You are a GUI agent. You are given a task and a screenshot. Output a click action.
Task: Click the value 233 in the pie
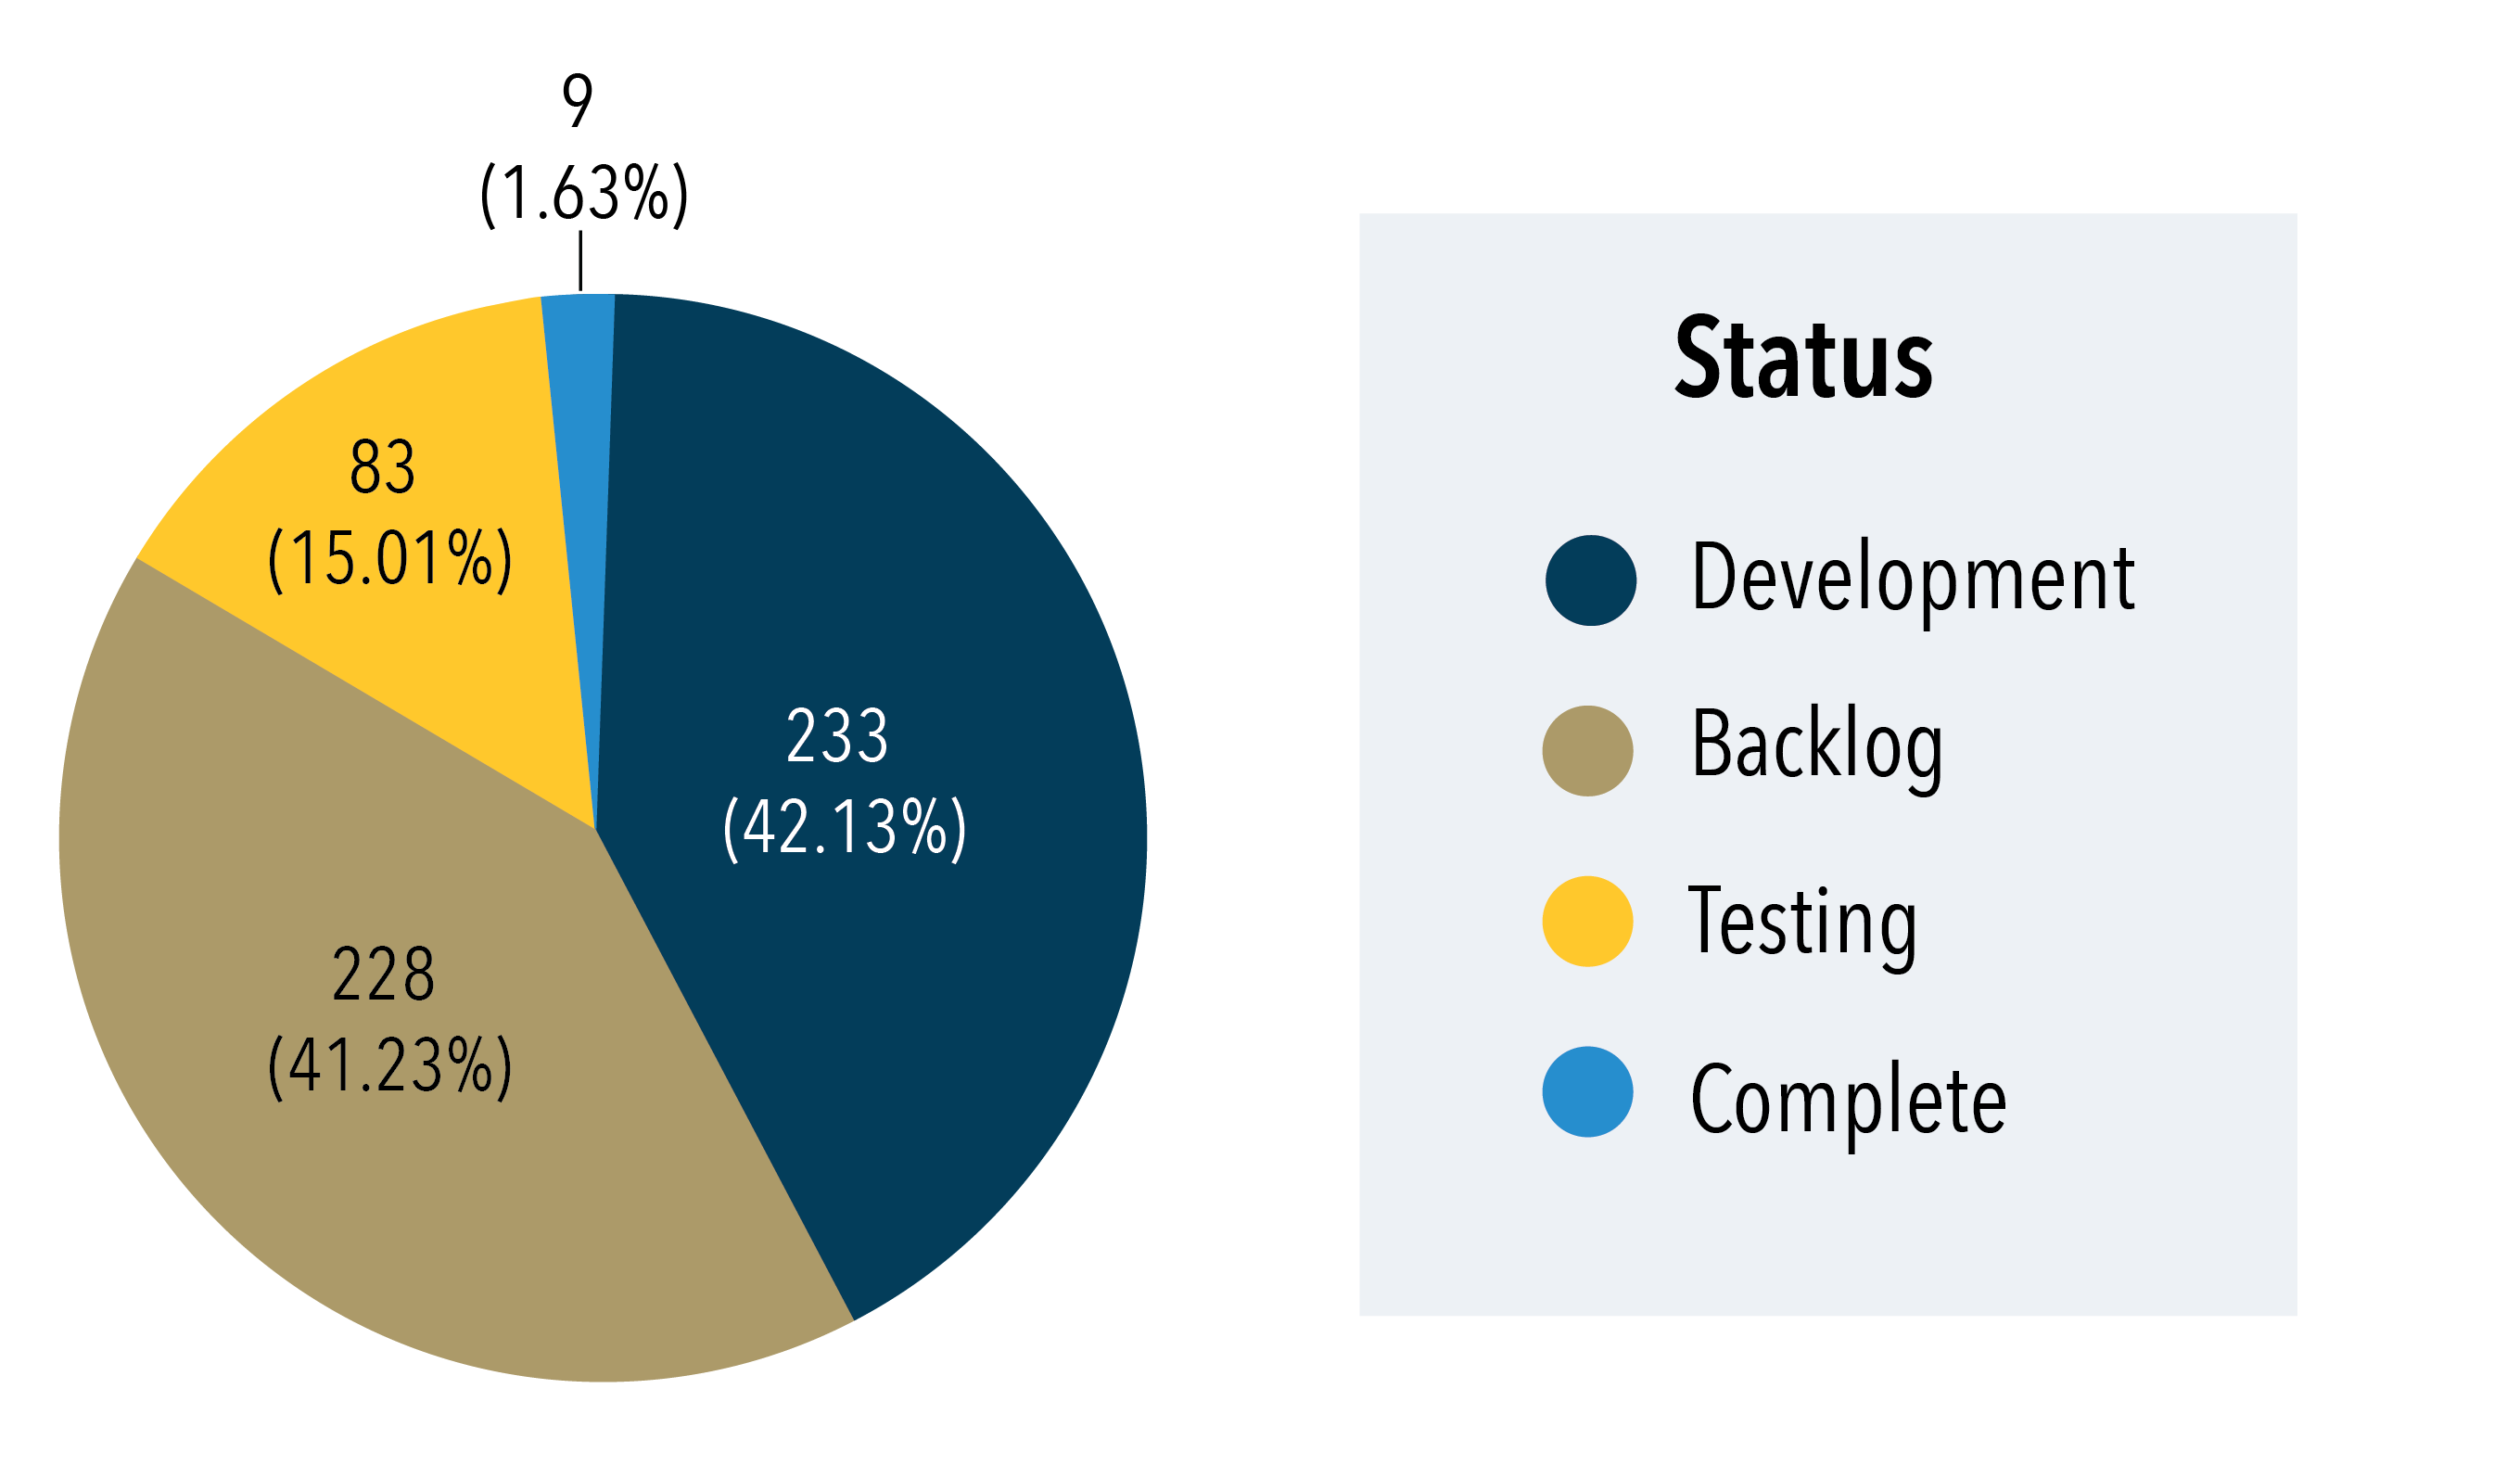pyautogui.click(x=837, y=736)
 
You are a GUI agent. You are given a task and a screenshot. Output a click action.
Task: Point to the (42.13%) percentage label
pyautogui.click(x=845, y=827)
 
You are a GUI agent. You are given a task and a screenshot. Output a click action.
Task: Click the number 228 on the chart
pyautogui.click(x=383, y=974)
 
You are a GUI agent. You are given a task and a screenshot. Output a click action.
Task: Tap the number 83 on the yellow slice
pyautogui.click(x=382, y=467)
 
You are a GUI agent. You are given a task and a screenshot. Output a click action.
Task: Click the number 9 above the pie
pyautogui.click(x=578, y=100)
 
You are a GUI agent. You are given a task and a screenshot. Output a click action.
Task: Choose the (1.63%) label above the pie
pyautogui.click(x=584, y=193)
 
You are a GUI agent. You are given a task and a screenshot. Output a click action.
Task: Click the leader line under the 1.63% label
pyautogui.click(x=580, y=261)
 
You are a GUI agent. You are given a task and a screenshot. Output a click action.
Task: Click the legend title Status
pyautogui.click(x=1803, y=358)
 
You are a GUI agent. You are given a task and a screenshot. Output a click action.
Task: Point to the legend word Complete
pyautogui.click(x=1849, y=1100)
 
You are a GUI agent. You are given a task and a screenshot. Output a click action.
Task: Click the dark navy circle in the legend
pyautogui.click(x=1590, y=581)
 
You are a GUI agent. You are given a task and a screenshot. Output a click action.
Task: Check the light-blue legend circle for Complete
pyautogui.click(x=1587, y=1092)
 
